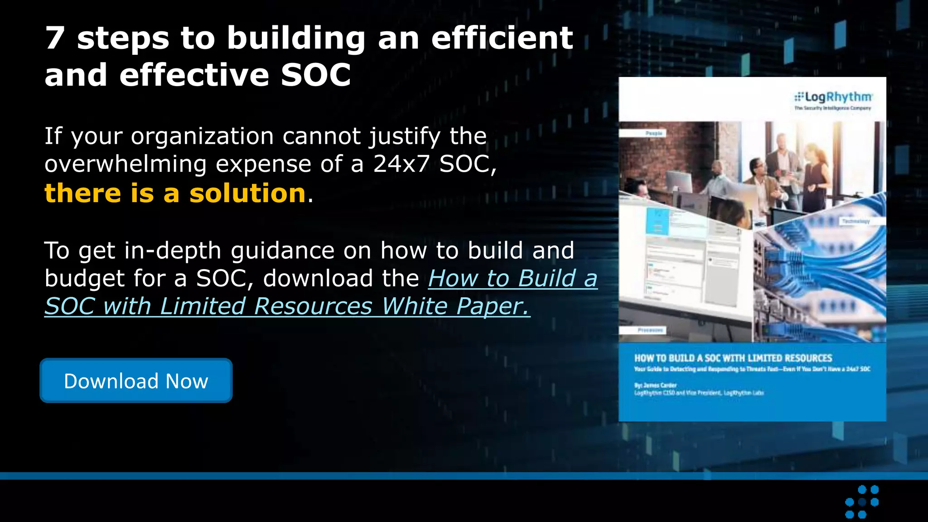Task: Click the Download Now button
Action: [x=136, y=381]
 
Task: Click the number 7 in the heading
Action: [x=55, y=38]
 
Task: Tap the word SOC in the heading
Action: [x=315, y=75]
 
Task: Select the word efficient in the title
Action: [x=502, y=38]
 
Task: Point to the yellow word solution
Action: [x=247, y=193]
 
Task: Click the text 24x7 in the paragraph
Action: [x=401, y=164]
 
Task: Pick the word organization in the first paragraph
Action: [x=202, y=136]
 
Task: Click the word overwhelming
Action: [x=126, y=164]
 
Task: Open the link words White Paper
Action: [x=455, y=306]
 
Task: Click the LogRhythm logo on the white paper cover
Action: [x=833, y=97]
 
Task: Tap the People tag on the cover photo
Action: [x=653, y=133]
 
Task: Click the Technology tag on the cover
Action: [x=855, y=221]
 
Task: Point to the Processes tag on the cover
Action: [x=650, y=330]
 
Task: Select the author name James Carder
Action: [x=660, y=385]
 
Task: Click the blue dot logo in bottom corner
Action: [x=862, y=502]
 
